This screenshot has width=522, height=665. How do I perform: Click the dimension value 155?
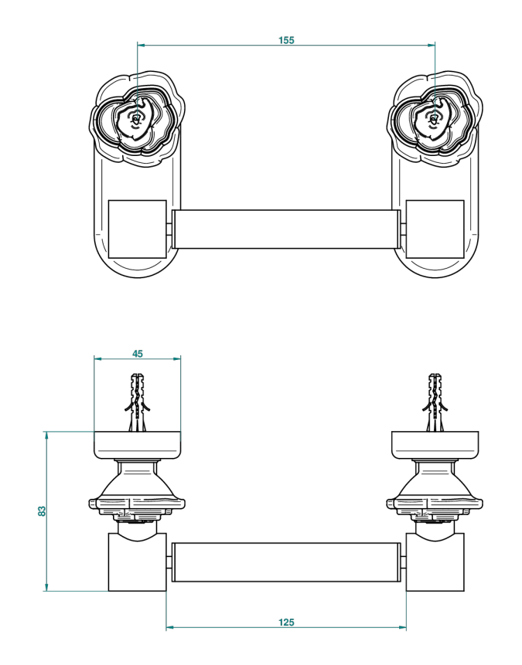[286, 40]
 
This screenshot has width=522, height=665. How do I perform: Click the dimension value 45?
[137, 354]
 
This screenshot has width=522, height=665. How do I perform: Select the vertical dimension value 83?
[42, 511]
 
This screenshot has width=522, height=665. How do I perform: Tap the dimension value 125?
[286, 622]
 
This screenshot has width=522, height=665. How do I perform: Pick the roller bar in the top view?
[286, 229]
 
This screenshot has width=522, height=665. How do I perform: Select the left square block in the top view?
[138, 229]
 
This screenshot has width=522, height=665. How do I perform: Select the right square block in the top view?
[435, 229]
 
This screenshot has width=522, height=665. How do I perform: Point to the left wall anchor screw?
[138, 402]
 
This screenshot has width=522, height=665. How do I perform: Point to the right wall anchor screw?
[435, 402]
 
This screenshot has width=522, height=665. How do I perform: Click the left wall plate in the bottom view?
[138, 444]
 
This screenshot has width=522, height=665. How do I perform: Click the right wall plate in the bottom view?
[435, 444]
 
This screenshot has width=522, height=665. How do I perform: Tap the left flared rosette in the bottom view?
[138, 490]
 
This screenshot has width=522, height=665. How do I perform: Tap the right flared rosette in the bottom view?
[435, 490]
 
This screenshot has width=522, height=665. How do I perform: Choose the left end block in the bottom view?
[138, 562]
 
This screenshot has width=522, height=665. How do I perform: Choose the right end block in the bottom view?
[435, 562]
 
